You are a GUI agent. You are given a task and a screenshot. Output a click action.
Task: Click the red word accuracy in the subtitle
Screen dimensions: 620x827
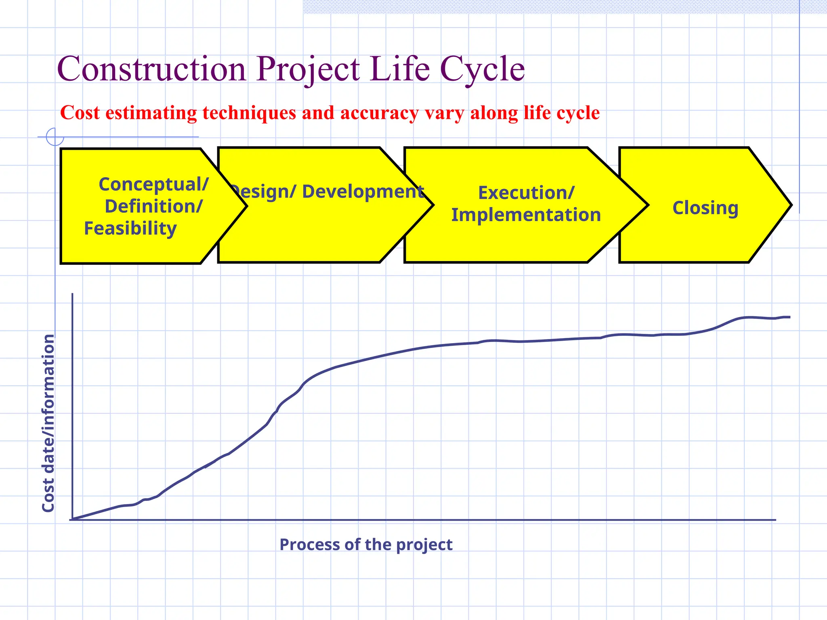point(380,113)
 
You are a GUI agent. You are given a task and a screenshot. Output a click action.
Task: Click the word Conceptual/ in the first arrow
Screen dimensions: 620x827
point(153,184)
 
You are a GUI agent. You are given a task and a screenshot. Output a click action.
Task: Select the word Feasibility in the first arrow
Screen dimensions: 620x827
point(130,228)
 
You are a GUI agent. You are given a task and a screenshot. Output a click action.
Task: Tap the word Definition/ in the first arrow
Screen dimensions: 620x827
point(153,206)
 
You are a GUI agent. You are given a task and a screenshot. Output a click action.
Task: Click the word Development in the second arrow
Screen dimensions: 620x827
point(363,191)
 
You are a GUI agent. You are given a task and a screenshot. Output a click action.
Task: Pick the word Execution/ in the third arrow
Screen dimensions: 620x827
point(526,193)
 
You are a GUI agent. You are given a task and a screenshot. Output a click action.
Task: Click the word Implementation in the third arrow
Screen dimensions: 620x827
point(526,215)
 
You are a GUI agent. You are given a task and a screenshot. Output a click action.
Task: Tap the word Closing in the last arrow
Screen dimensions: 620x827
point(705,208)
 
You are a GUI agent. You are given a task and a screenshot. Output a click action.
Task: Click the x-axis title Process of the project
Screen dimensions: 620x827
point(366,545)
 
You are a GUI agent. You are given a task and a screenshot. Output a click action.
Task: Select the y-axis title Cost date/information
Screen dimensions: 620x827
point(48,423)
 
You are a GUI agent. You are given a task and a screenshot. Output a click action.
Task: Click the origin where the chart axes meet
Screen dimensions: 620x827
point(72,519)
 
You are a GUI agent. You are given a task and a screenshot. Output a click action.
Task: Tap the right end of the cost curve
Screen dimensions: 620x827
point(789,317)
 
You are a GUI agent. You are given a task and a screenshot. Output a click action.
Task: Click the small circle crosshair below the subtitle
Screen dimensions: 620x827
point(55,137)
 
